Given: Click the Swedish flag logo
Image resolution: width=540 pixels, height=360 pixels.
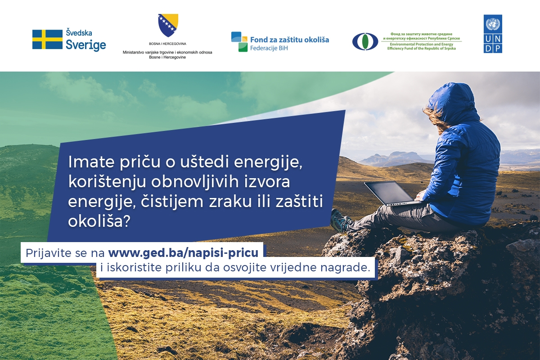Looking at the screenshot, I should point(47,40).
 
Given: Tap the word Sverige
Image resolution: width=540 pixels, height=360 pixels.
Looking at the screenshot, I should point(86,45).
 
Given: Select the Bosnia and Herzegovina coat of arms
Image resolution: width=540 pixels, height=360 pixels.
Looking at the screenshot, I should point(168,25).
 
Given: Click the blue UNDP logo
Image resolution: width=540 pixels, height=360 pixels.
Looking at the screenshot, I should point(493,34).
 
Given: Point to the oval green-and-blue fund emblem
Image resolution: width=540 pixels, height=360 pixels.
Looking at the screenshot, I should point(365,41).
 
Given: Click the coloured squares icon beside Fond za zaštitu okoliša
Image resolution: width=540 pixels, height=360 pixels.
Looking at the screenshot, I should point(239,42).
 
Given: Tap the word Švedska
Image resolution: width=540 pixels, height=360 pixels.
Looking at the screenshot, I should point(79,33).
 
